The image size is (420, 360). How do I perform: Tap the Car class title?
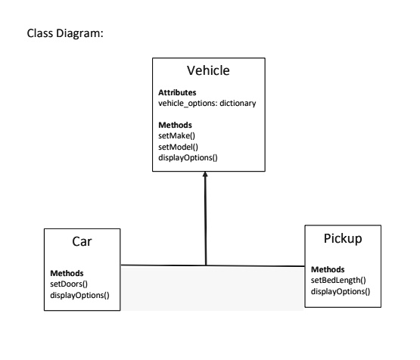click(82, 242)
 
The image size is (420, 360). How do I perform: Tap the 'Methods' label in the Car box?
click(66, 273)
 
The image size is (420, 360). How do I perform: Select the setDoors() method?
click(70, 284)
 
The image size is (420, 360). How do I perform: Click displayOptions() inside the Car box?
click(79, 295)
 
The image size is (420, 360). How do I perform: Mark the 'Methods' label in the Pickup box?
click(327, 269)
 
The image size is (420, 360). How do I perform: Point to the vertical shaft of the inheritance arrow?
click(205, 223)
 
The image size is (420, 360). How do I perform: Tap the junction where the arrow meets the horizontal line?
click(205, 265)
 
